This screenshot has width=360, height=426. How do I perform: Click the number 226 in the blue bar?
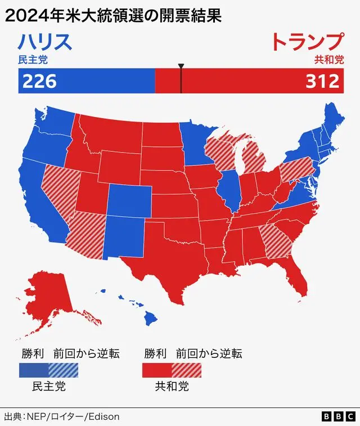(39, 81)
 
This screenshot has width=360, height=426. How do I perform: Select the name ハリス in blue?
(45, 43)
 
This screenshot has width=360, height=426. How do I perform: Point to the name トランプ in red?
(307, 43)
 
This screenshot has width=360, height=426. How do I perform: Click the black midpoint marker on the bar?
(181, 79)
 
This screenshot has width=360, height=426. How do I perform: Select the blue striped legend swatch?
(63, 370)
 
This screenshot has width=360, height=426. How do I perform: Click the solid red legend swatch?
(156, 370)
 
